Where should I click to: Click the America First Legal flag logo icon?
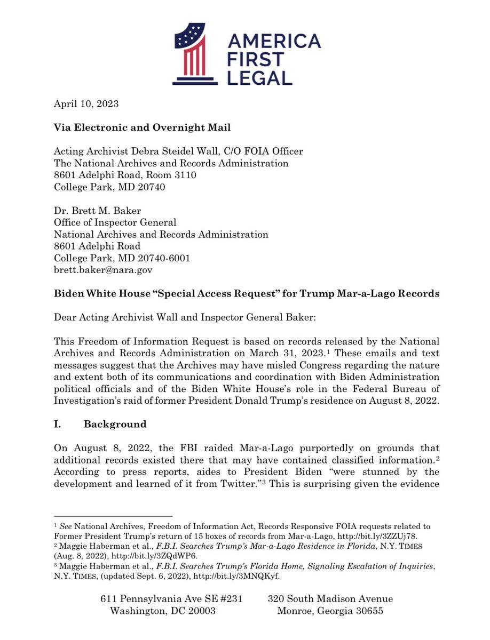[x=195, y=55]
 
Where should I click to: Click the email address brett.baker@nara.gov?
[x=103, y=270]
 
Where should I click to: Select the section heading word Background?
[x=115, y=424]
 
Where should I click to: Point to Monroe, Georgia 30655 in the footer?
[x=330, y=611]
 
